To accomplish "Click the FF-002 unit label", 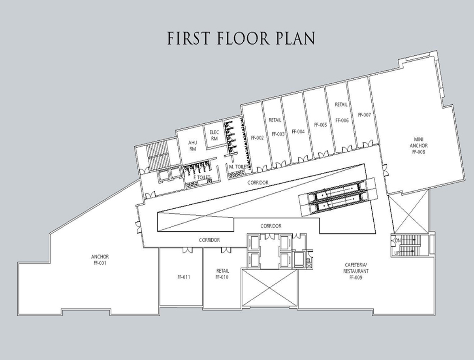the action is tap(257, 138).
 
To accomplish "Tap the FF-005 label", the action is tap(320, 125).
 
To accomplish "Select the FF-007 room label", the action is tap(364, 115).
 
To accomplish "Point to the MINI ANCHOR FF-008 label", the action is tap(418, 145).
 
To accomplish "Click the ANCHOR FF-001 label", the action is tap(100, 260).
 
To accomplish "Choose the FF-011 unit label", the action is tap(184, 277).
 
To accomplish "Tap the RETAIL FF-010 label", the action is tap(222, 274).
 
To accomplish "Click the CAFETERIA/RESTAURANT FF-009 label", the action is tap(355, 271).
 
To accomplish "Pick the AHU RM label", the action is tap(193, 146).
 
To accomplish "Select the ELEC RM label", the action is tap(214, 135).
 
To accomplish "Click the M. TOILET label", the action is tap(239, 167).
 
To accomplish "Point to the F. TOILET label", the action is tap(201, 177).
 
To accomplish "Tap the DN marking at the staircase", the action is tap(397, 240).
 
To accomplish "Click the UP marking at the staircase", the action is tap(397, 253).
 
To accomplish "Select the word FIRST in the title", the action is tap(189, 38).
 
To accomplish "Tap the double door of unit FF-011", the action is tap(187, 250).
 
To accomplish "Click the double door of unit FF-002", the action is tap(262, 168).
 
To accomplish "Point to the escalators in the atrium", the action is tap(338, 197).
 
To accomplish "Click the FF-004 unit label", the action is tap(298, 132).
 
